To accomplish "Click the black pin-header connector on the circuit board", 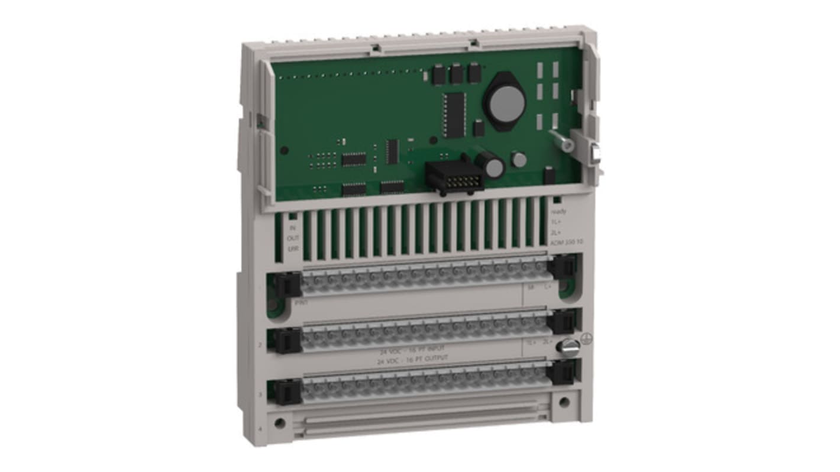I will (454, 176).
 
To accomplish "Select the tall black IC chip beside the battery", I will (454, 115).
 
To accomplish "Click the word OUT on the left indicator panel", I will (293, 238).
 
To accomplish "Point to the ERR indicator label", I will (293, 249).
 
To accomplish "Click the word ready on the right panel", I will (558, 211).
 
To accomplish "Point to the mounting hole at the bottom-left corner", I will (280, 423).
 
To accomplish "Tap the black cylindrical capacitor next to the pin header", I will (492, 165).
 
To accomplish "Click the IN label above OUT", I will (292, 228).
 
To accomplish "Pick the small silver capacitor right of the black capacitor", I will (519, 160).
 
